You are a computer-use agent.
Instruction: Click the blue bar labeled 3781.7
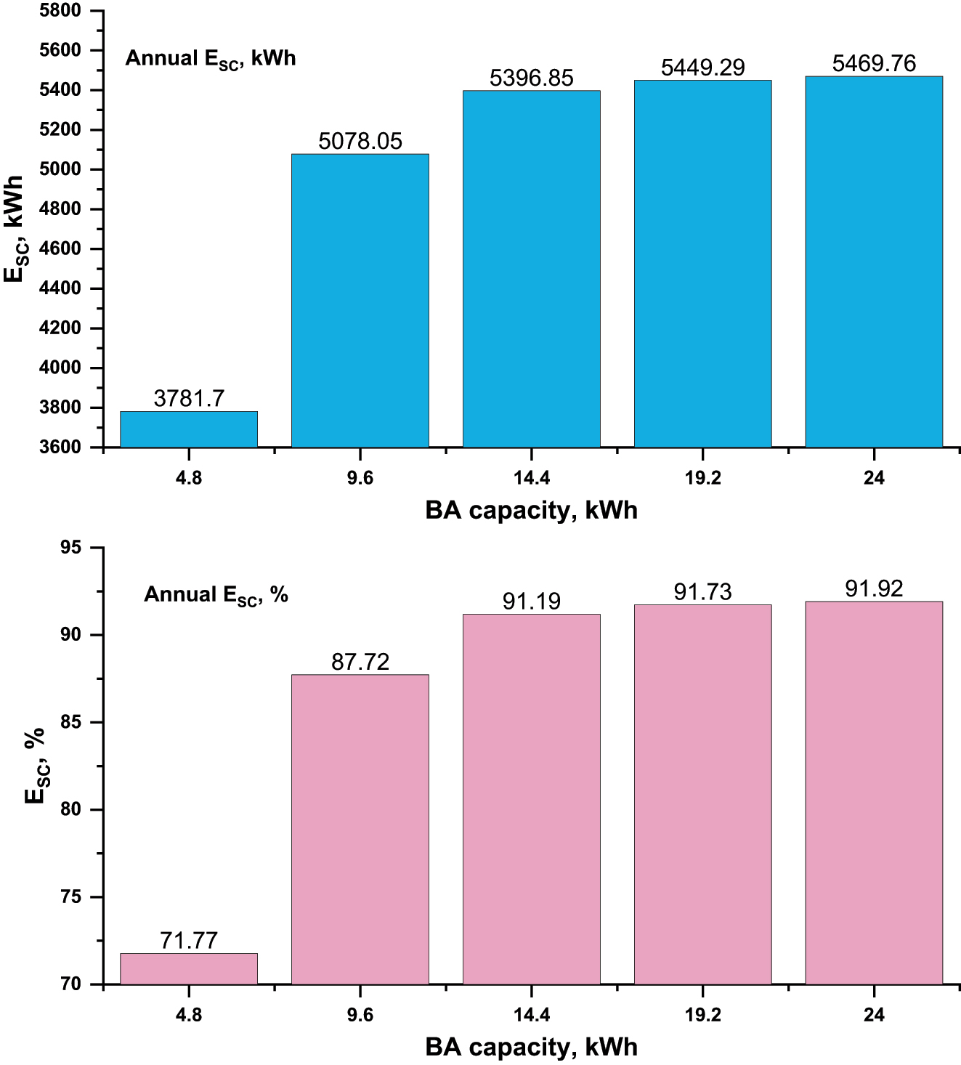pos(189,429)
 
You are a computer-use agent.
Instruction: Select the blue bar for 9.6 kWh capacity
pos(360,301)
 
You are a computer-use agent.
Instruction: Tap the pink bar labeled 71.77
pos(189,969)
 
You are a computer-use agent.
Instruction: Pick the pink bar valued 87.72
pos(360,830)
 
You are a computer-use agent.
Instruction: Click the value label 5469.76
pos(874,64)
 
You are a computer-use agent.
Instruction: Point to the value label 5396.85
pos(531,78)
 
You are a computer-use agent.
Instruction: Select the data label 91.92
pos(874,589)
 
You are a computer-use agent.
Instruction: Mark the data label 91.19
pos(531,602)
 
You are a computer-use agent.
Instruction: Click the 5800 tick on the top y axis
pos(60,11)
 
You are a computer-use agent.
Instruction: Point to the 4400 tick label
pos(60,288)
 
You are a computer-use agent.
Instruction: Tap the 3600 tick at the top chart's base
pos(60,448)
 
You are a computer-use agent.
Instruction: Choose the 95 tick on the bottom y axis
pos(70,548)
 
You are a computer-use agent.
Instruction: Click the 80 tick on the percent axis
pos(70,810)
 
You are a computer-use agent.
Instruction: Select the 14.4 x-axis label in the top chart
pos(531,478)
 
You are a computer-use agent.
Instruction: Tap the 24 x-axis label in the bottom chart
pos(874,1015)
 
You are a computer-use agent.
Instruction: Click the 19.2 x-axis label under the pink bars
pos(702,1015)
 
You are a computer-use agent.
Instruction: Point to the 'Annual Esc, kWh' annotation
pos(211,58)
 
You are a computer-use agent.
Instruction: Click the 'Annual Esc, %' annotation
pos(216,595)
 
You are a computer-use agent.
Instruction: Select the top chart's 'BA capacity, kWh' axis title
pos(531,511)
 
